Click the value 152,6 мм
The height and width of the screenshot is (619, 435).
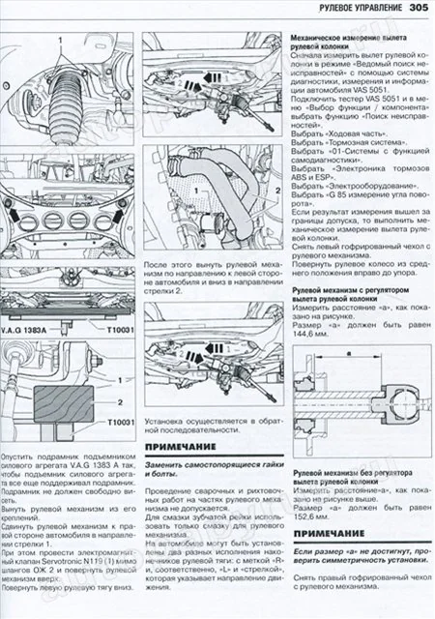point(309,518)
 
